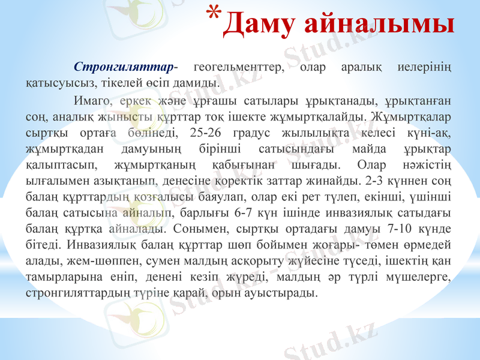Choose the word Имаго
(x=89, y=99)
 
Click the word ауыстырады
(x=286, y=293)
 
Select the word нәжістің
(x=427, y=164)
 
